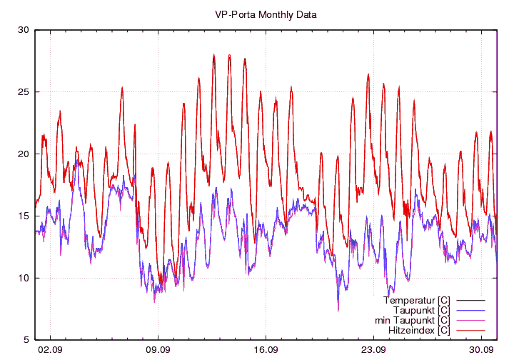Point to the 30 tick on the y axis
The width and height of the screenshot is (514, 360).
click(x=24, y=30)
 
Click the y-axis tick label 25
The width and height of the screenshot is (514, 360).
click(x=24, y=92)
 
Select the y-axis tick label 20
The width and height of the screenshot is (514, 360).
click(x=24, y=154)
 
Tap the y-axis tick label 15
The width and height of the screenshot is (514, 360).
click(x=24, y=216)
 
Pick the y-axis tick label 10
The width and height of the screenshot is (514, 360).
click(x=24, y=278)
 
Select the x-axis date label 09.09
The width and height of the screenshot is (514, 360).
click(x=158, y=349)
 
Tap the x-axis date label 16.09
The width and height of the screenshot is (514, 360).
click(x=266, y=349)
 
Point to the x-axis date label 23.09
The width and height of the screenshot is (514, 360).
click(x=373, y=349)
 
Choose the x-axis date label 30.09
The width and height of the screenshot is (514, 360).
click(x=482, y=349)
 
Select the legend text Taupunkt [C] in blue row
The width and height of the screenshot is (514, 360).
click(x=421, y=310)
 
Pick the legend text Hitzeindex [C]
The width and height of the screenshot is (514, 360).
click(x=418, y=331)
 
